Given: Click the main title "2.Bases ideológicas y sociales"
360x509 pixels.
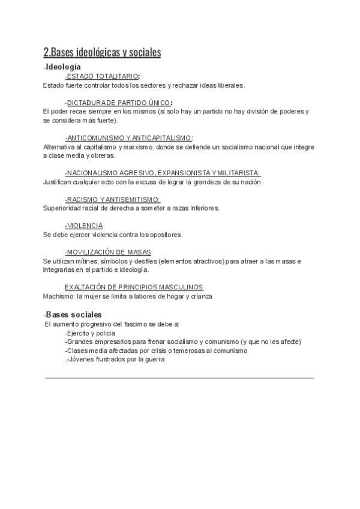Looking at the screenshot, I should [x=102, y=52].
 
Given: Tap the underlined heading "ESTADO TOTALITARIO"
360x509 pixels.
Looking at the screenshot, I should [x=101, y=76].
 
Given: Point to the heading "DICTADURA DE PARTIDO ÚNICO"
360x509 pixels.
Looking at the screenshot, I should [x=118, y=102].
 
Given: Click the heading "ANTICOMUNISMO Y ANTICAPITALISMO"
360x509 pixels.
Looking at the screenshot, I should [x=128, y=137].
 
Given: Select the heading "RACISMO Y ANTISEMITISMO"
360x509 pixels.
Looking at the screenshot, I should [x=112, y=199].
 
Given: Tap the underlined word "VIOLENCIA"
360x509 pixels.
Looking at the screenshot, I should [x=84, y=226].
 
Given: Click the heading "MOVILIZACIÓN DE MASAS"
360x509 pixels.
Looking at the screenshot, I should [x=108, y=252].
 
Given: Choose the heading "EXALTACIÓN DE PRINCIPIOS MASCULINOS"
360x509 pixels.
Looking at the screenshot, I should [x=134, y=287].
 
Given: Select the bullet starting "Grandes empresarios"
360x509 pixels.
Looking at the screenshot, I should [x=183, y=342].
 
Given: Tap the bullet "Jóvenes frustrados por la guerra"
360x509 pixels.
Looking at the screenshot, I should [x=116, y=359].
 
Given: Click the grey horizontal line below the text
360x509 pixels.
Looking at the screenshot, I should [x=179, y=378].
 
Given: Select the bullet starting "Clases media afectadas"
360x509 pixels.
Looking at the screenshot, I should [x=156, y=351].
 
